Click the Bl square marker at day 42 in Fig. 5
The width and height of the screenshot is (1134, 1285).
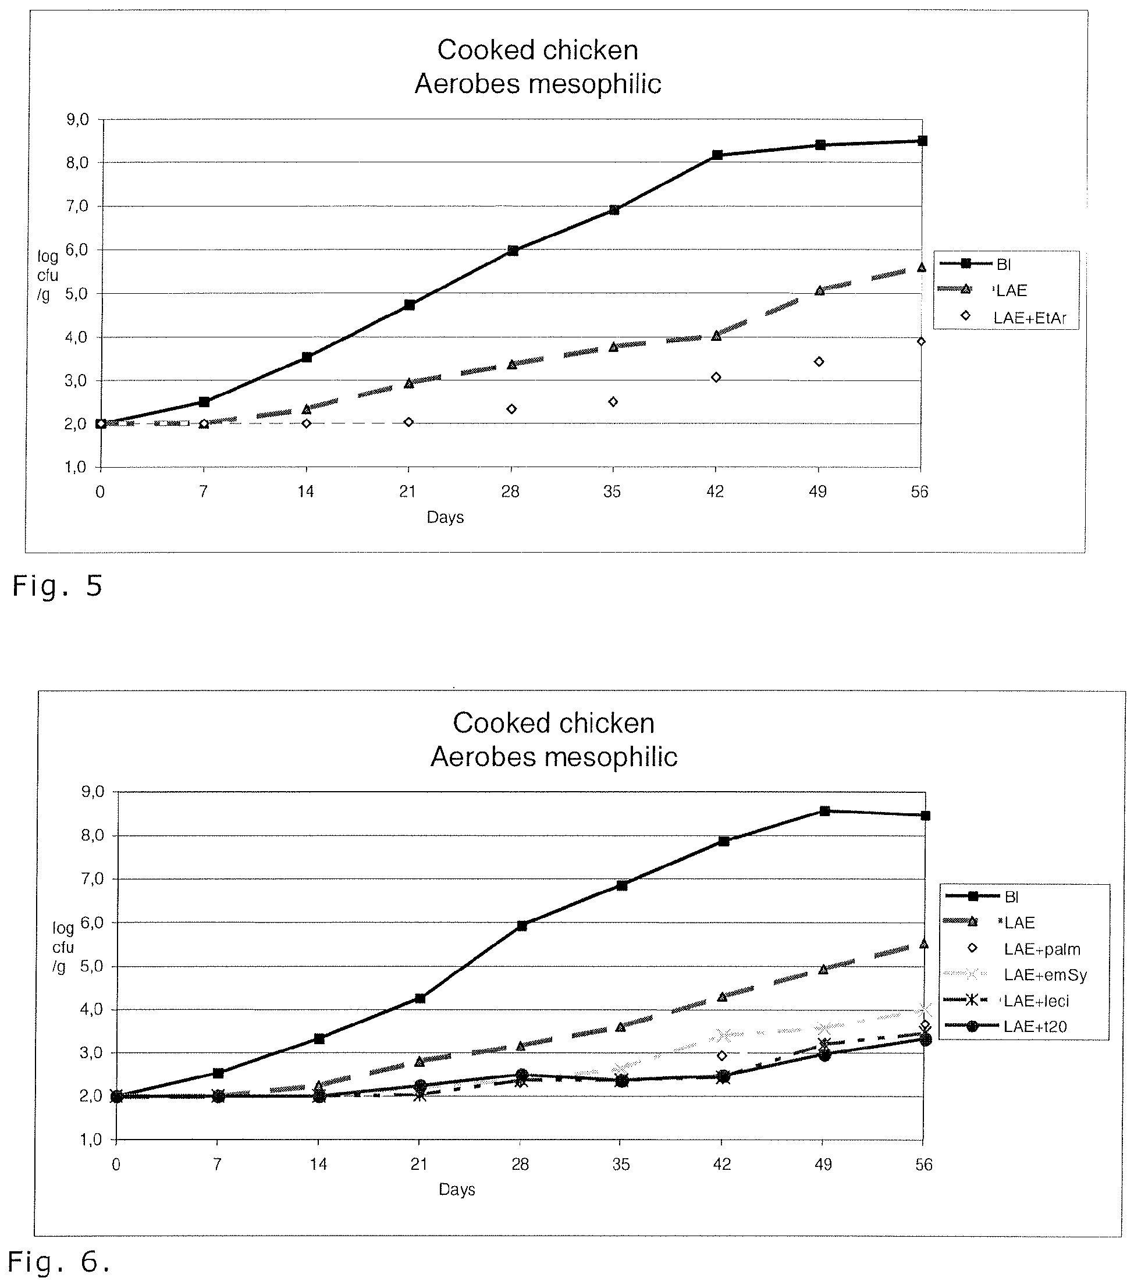717,155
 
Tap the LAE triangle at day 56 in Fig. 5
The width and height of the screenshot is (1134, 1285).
922,267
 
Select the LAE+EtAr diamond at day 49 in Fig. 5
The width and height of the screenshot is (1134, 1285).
819,361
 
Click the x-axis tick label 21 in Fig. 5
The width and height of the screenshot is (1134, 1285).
407,492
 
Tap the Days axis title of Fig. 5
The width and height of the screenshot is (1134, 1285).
445,517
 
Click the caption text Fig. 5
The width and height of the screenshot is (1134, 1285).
57,586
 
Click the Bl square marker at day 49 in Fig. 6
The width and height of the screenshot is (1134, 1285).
824,811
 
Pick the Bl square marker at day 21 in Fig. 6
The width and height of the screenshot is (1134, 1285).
420,998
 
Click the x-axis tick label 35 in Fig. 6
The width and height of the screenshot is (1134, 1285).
621,1165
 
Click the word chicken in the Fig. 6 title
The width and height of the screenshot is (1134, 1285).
603,723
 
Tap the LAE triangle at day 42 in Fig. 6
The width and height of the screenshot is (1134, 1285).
722,997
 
